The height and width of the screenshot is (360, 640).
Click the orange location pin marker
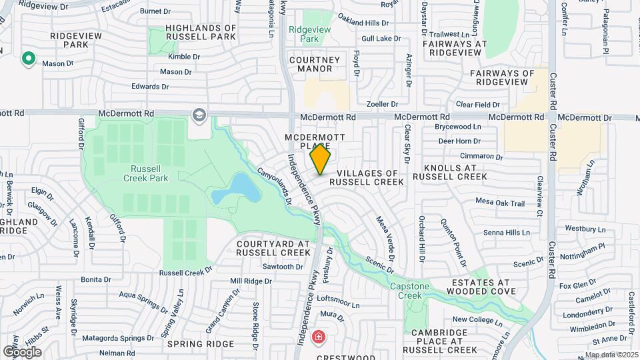[x=320, y=159]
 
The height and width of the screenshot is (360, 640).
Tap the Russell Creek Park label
[x=145, y=173]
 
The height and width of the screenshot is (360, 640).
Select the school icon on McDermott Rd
[x=198, y=115]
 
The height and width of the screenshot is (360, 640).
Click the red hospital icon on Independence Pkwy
[x=319, y=336]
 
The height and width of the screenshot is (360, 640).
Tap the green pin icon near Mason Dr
[x=28, y=59]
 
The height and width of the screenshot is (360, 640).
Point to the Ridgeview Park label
[x=304, y=35]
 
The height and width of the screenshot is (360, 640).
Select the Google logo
[x=22, y=351]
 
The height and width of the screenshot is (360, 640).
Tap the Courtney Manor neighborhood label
[x=310, y=64]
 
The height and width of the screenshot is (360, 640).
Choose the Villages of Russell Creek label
[x=366, y=177]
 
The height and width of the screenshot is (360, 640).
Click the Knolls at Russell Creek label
[x=449, y=172]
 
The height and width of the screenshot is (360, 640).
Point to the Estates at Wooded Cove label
[x=481, y=287]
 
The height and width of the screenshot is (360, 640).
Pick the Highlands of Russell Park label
[x=201, y=33]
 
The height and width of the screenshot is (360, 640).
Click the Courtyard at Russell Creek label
[x=273, y=249]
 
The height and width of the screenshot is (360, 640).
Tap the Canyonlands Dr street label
[x=275, y=185]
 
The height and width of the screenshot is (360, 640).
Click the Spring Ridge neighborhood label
[x=201, y=344]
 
